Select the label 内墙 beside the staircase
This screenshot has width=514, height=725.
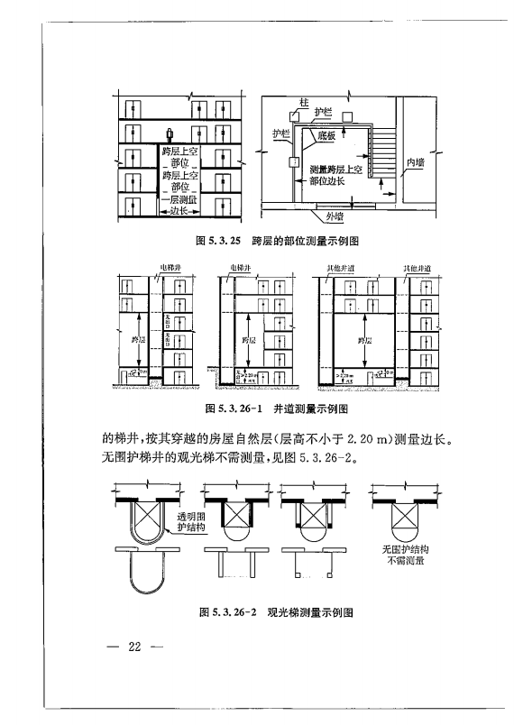[x=416, y=162]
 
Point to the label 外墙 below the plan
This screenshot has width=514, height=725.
[x=335, y=216]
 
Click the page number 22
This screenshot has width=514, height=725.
[x=135, y=647]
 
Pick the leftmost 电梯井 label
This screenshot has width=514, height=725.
[x=170, y=268]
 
